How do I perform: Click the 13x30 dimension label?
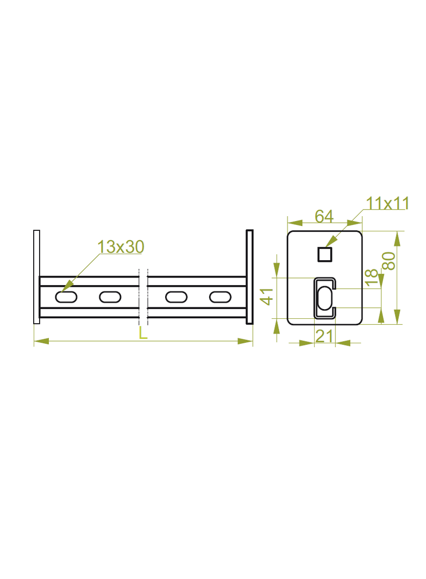121,247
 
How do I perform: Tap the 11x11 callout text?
387,204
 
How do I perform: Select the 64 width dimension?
324,216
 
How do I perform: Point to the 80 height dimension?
389,261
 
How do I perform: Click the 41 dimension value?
267,296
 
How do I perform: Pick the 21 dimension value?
324,336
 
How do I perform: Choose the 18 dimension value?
372,278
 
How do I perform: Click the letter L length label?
143,333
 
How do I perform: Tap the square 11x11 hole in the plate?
325,254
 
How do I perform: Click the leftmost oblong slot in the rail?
66,297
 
